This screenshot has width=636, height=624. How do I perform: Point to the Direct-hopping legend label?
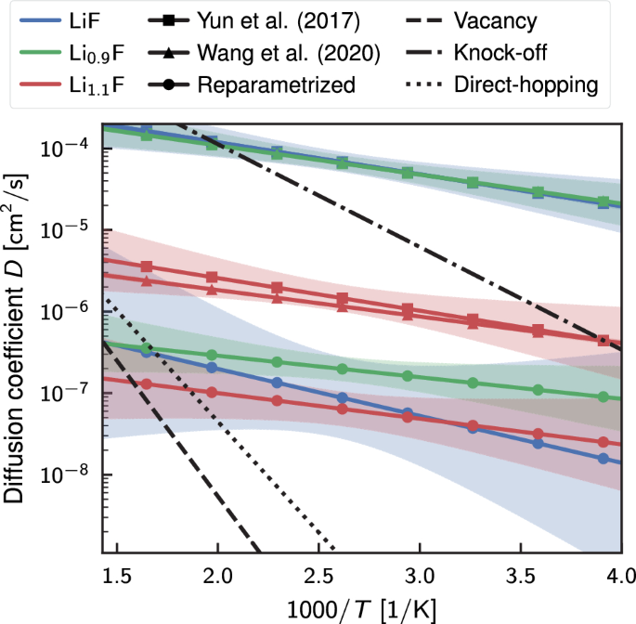pos(526,84)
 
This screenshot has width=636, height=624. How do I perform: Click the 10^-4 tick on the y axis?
pos(71,148)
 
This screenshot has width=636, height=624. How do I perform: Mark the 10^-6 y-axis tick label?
pos(71,311)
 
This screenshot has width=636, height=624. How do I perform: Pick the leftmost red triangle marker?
pos(146,280)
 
